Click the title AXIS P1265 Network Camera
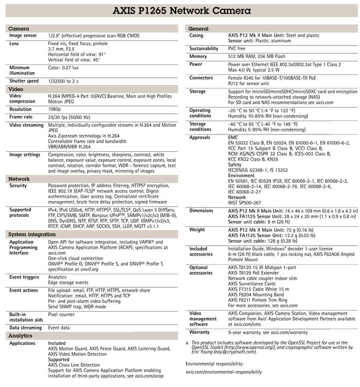tap(180, 10)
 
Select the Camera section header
tap(19, 29)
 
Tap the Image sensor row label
tap(23, 36)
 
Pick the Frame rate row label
tap(22, 117)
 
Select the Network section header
tap(20, 179)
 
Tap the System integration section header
tap(32, 234)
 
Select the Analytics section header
tap(21, 335)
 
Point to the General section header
tap(198, 29)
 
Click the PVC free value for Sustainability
tap(239, 49)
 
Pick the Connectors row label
tap(201, 77)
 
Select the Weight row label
tap(197, 230)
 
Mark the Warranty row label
tap(199, 332)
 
